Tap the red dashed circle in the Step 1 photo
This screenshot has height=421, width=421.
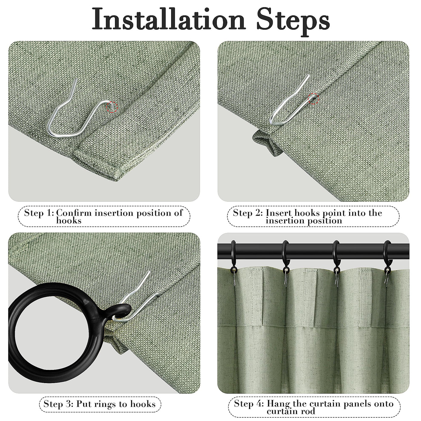coord(112,107)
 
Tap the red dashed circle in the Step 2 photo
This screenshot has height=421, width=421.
coord(314,99)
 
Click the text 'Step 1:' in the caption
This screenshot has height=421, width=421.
coord(39,213)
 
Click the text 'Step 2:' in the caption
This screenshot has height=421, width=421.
coord(248,213)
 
